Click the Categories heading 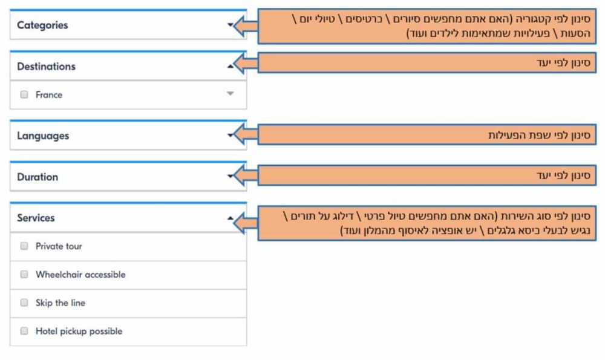pyautogui.click(x=42, y=25)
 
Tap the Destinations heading pyautogui.click(x=47, y=67)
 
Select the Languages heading pyautogui.click(x=43, y=136)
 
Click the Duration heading pyautogui.click(x=38, y=177)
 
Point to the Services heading pyautogui.click(x=36, y=218)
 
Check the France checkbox pyautogui.click(x=24, y=94)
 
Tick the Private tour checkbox pyautogui.click(x=24, y=246)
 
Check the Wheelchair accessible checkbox pyautogui.click(x=24, y=274)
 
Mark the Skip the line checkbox pyautogui.click(x=24, y=303)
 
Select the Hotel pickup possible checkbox pyautogui.click(x=24, y=331)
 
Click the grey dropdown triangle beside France pyautogui.click(x=231, y=94)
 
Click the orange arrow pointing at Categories pyautogui.click(x=246, y=26)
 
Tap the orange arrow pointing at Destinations pyautogui.click(x=246, y=63)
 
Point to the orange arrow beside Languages pyautogui.click(x=246, y=134)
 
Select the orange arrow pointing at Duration pyautogui.click(x=246, y=175)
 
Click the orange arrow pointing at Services pyautogui.click(x=246, y=223)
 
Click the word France pyautogui.click(x=49, y=95)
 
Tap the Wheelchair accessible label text pyautogui.click(x=80, y=275)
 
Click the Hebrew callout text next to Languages pyautogui.click(x=540, y=135)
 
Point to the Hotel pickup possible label pyautogui.click(x=79, y=332)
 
